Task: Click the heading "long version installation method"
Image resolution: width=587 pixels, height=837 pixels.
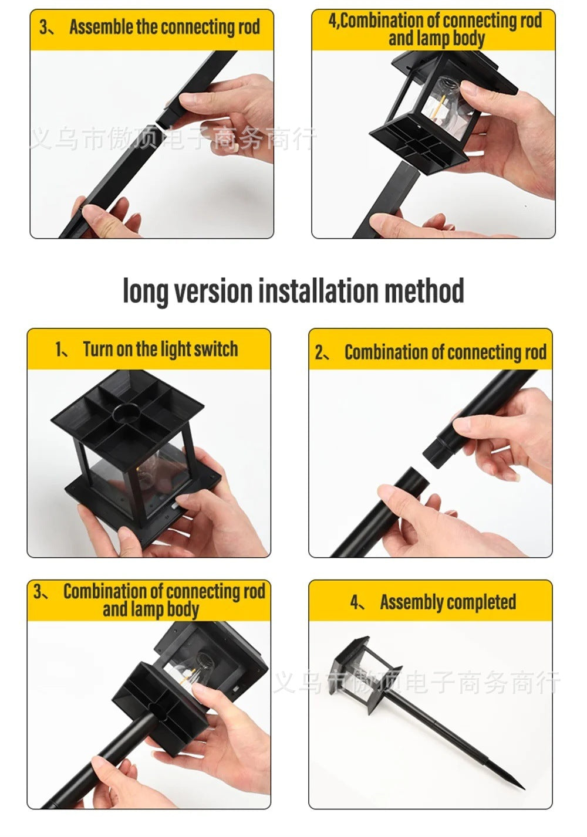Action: (293, 292)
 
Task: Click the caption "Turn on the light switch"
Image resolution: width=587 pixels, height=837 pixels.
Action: (160, 350)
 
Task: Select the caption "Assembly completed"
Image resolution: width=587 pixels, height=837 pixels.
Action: (447, 602)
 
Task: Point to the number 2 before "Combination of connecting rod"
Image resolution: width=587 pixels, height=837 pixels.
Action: (320, 353)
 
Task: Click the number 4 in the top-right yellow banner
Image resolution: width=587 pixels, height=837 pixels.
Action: (333, 21)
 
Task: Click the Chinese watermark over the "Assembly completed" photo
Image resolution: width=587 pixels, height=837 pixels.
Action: (417, 683)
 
